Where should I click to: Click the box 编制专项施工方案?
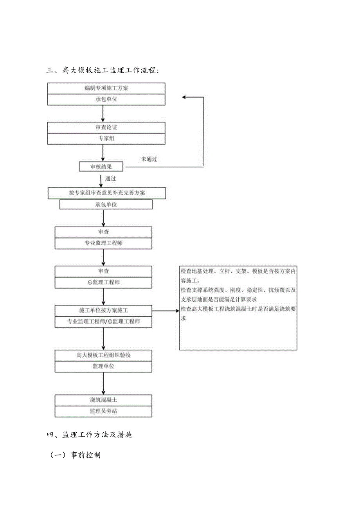click(x=106, y=88)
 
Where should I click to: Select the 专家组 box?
click(x=106, y=138)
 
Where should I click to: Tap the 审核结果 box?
click(x=101, y=167)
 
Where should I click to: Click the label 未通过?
click(x=149, y=159)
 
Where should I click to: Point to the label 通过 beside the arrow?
click(x=110, y=178)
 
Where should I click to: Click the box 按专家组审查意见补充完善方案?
click(x=107, y=193)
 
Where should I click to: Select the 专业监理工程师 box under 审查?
click(x=103, y=243)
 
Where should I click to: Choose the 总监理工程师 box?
click(x=103, y=282)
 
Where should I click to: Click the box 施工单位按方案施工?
click(x=103, y=310)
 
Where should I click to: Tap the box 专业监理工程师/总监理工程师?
click(x=103, y=322)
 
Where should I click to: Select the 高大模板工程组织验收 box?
click(x=103, y=355)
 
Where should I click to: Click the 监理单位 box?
click(x=103, y=367)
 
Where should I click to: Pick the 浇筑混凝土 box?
click(x=103, y=400)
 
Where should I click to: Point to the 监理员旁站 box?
click(x=103, y=412)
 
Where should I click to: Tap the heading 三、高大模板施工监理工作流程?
click(x=103, y=70)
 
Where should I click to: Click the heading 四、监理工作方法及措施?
click(x=90, y=434)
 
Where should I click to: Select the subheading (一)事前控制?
click(x=75, y=455)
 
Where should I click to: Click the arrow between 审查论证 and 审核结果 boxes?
click(x=103, y=153)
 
